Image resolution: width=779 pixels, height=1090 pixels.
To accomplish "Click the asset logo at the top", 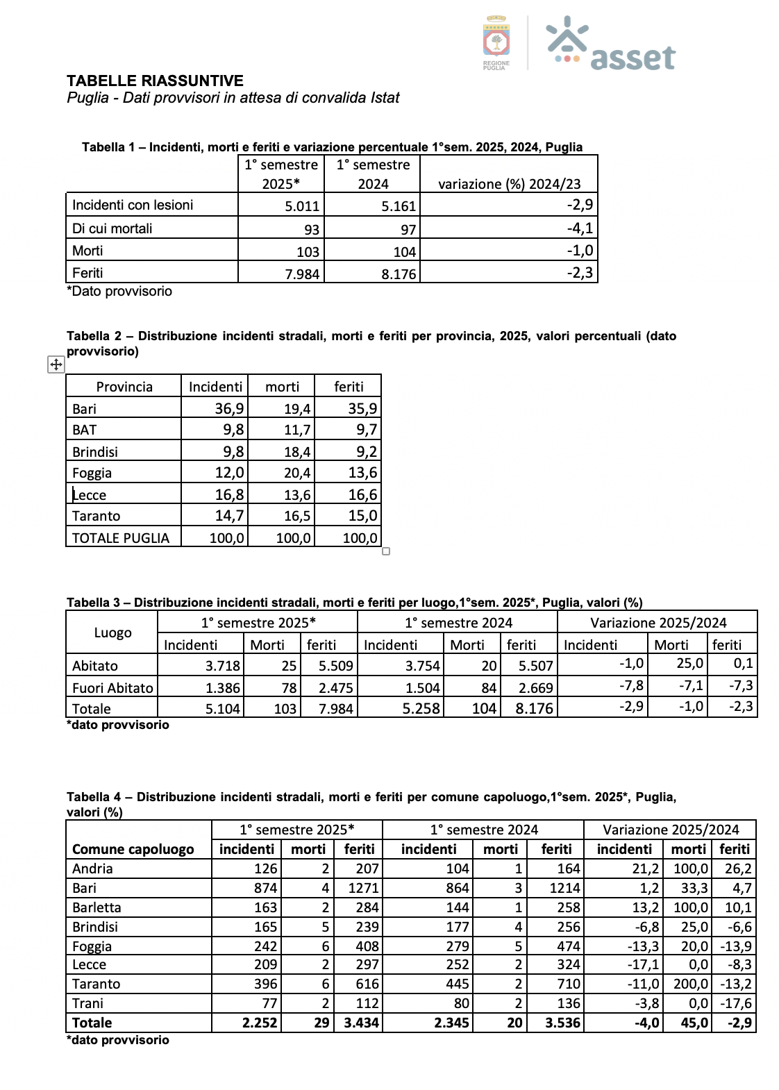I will pyautogui.click(x=611, y=44).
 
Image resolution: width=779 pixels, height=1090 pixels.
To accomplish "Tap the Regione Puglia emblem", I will pyautogui.click(x=496, y=41).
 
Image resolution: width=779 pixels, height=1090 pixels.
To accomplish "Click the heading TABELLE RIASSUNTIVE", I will pyautogui.click(x=155, y=81).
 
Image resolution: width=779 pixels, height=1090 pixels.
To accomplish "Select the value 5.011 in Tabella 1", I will pyautogui.click(x=302, y=206).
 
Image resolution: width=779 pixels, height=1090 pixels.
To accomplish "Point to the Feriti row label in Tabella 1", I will pyautogui.click(x=87, y=273).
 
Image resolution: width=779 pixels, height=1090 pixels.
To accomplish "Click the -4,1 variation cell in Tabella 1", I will pyautogui.click(x=580, y=228).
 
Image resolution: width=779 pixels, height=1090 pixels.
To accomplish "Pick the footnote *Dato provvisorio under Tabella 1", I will pyautogui.click(x=119, y=291).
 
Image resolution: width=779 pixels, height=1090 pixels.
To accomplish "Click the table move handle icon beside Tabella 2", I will pyautogui.click(x=56, y=364).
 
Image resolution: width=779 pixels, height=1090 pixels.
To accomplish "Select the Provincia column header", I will pyautogui.click(x=124, y=387).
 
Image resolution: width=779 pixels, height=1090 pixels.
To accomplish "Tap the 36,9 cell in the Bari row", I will pyautogui.click(x=229, y=409).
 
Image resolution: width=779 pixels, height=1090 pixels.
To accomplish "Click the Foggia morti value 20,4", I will pyautogui.click(x=297, y=473).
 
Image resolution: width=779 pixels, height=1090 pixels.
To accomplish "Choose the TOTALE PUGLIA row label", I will pyautogui.click(x=121, y=538).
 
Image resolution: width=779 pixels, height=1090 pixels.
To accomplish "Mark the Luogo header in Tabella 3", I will pyautogui.click(x=112, y=632).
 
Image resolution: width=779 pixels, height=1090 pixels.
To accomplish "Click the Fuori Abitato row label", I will pyautogui.click(x=112, y=688).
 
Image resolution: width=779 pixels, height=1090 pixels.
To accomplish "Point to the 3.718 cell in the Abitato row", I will pyautogui.click(x=222, y=666).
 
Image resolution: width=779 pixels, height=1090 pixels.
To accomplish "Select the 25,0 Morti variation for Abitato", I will pyautogui.click(x=689, y=664).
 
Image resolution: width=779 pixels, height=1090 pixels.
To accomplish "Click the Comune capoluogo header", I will pyautogui.click(x=133, y=849).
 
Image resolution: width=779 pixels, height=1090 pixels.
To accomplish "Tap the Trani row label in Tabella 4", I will pyautogui.click(x=87, y=1003).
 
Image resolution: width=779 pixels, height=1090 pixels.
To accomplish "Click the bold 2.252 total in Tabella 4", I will pyautogui.click(x=260, y=1023).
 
